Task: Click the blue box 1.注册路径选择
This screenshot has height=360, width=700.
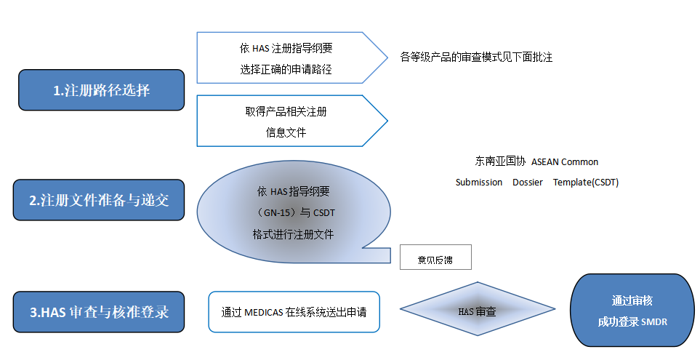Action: [102, 90]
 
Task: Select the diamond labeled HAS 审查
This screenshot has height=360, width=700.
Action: [477, 311]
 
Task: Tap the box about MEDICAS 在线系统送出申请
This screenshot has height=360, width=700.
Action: [294, 312]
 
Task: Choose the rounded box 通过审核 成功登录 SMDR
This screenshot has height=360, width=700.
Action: [632, 311]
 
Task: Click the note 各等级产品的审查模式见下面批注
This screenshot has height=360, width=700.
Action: [476, 57]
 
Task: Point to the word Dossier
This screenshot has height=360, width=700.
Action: [527, 183]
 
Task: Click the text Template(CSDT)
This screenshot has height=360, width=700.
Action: [586, 183]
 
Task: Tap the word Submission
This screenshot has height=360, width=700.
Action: [479, 183]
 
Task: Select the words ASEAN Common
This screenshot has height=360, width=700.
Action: [565, 161]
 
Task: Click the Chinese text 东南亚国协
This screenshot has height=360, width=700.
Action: [499, 161]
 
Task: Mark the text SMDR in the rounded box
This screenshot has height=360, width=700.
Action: [654, 321]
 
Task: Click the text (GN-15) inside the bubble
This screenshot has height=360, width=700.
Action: [273, 214]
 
